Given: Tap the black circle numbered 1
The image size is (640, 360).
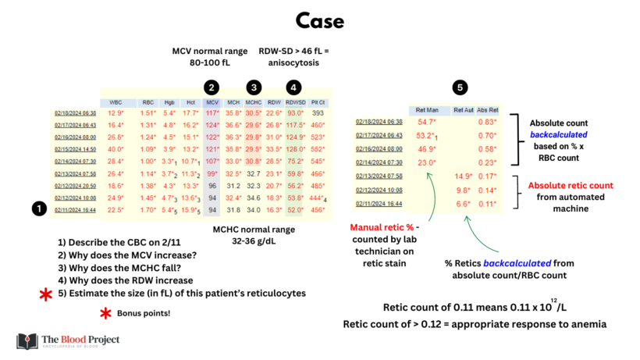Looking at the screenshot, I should [38, 209].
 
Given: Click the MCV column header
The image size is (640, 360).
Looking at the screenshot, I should [212, 102].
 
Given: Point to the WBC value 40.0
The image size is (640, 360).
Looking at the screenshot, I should [116, 148].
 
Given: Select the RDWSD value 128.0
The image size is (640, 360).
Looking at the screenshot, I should [294, 148].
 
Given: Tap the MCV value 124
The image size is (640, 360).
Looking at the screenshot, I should [212, 124].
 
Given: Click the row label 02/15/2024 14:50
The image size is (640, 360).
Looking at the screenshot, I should [74, 148].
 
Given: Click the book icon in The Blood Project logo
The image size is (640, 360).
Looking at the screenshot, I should [27, 341].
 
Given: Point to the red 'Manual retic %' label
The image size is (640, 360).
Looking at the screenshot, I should [382, 228].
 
